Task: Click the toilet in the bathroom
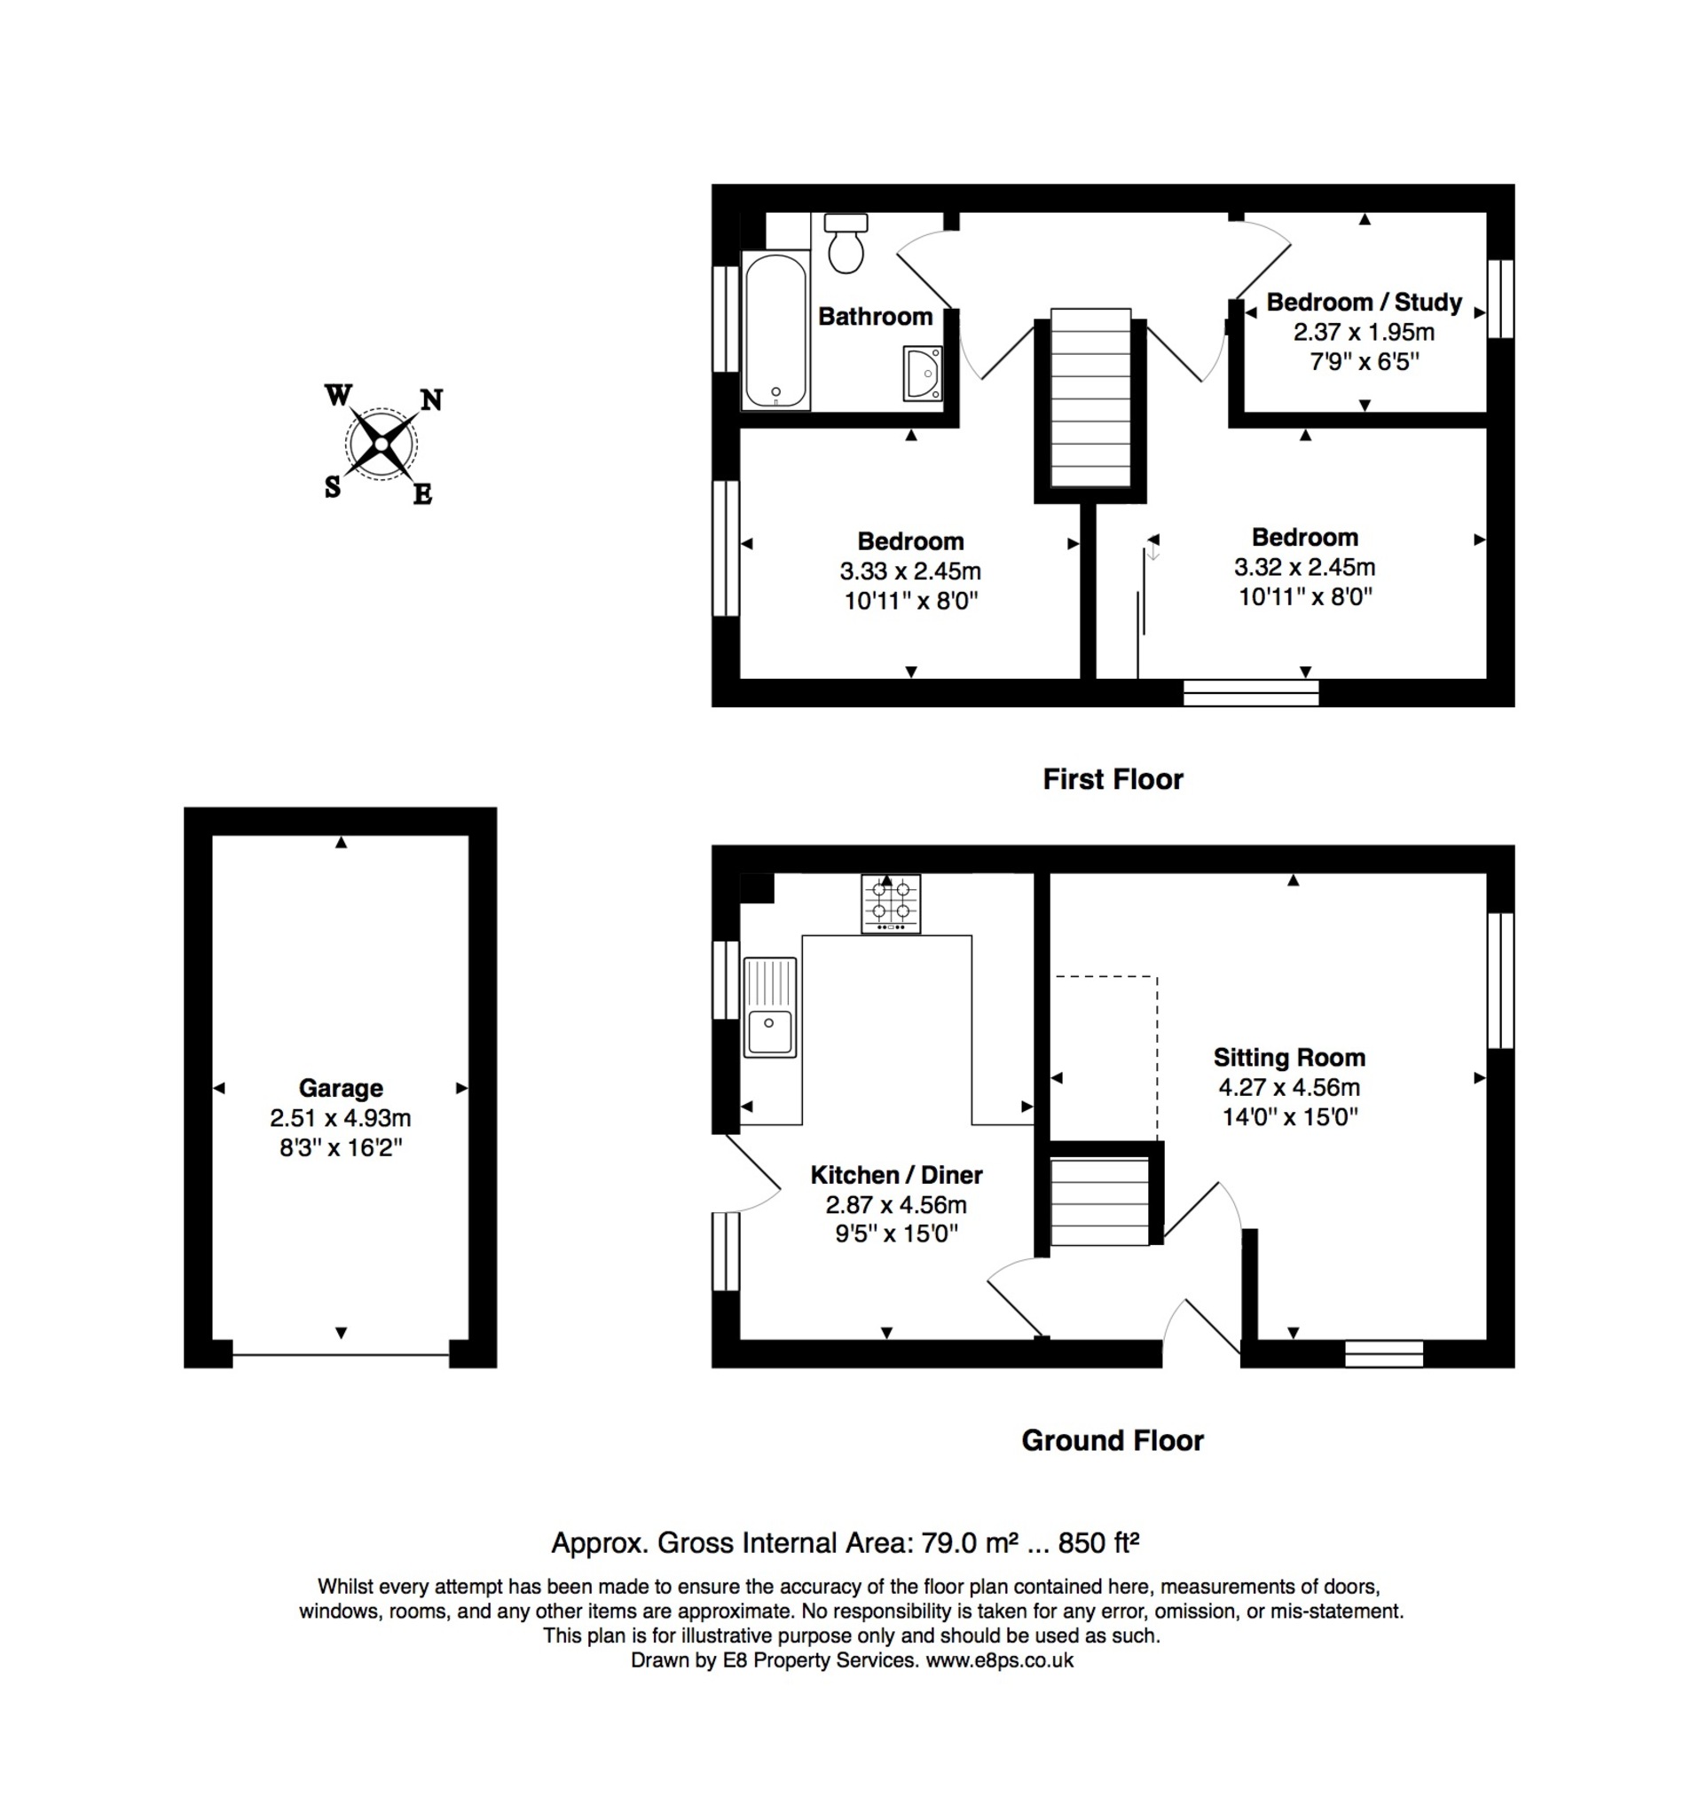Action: pos(846,243)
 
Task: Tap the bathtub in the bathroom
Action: pos(775,331)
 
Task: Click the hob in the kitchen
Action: pos(890,903)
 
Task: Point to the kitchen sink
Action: pos(770,1007)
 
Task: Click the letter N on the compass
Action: pos(431,399)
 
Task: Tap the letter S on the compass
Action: pos(333,487)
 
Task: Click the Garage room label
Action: pos(341,1088)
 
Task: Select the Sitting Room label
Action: pos(1289,1057)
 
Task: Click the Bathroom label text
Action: pos(875,316)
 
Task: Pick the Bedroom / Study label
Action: pos(1364,302)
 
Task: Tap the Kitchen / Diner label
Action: pos(897,1175)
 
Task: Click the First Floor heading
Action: pos(1113,779)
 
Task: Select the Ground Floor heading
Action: pos(1113,1440)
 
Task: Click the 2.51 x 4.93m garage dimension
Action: pos(341,1118)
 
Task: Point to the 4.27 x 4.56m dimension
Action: pos(1289,1087)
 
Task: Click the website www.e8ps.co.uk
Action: pos(999,1659)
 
